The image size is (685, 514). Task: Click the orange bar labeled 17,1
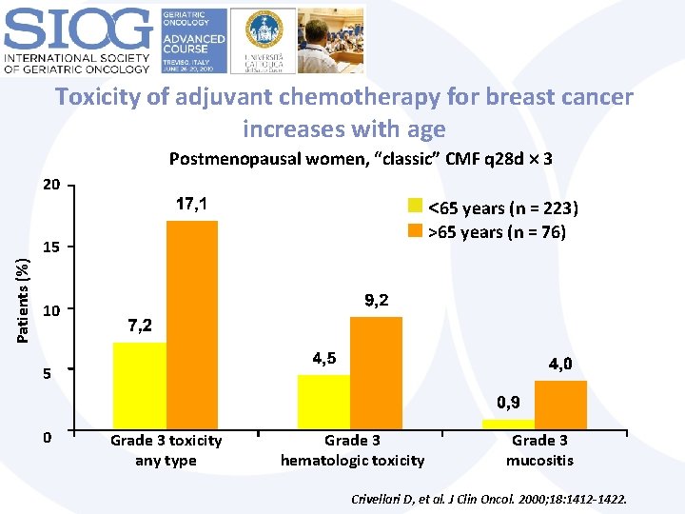[x=192, y=325]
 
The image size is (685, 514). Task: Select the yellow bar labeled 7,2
[x=139, y=385]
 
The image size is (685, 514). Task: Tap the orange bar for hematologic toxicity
[x=376, y=372]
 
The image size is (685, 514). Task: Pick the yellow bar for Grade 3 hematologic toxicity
[x=323, y=402]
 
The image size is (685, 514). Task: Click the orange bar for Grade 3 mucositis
[x=560, y=405]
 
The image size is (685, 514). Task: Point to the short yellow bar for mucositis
[x=508, y=424]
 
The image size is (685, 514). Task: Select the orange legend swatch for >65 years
[x=415, y=231]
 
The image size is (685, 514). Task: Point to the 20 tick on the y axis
[x=51, y=184]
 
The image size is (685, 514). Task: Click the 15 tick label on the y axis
[x=51, y=247]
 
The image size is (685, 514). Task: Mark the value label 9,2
[x=377, y=300]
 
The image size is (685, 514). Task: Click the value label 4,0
[x=560, y=364]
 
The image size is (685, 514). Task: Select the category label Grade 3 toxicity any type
[x=166, y=450]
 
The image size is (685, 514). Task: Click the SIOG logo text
[x=78, y=31]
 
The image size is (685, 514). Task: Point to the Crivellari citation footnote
[x=489, y=499]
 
